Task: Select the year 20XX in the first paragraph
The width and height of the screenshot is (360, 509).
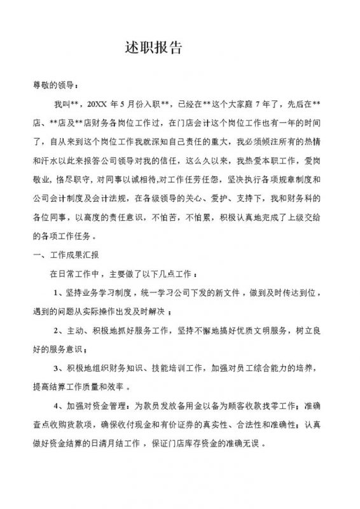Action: (97, 102)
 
